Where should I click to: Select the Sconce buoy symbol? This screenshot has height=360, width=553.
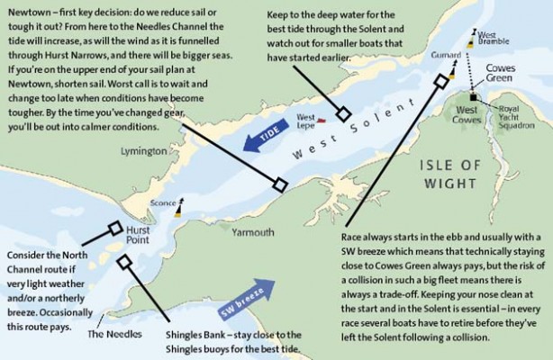coord(177,209)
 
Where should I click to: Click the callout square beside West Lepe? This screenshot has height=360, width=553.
coord(344,113)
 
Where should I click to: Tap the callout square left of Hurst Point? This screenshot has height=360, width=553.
coord(114,229)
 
